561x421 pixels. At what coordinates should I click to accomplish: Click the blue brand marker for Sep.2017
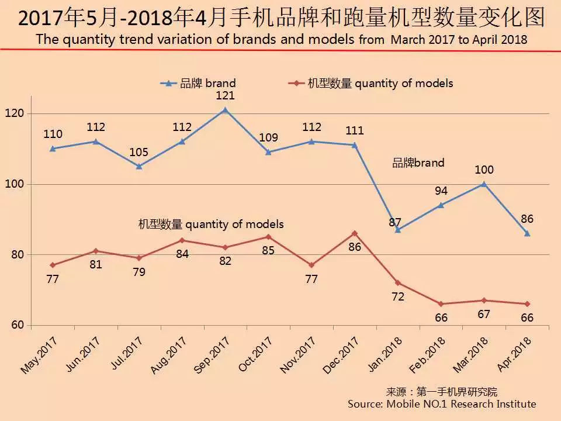click(x=225, y=110)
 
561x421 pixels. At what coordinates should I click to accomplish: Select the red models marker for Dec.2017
click(x=355, y=233)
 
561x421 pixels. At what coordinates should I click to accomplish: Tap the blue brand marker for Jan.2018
click(x=398, y=230)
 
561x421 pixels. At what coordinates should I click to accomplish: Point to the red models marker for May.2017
click(x=53, y=265)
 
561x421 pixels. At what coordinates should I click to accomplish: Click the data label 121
click(x=225, y=95)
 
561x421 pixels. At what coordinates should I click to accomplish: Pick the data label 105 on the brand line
click(x=138, y=152)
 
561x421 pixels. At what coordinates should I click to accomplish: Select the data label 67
click(x=484, y=315)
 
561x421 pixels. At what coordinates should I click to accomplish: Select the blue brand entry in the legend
click(x=199, y=84)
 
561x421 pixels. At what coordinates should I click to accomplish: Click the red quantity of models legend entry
click(x=371, y=84)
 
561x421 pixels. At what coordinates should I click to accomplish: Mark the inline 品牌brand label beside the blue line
click(x=418, y=163)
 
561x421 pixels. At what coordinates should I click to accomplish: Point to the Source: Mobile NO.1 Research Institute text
click(x=441, y=404)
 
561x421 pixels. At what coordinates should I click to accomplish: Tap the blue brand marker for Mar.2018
click(x=484, y=184)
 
